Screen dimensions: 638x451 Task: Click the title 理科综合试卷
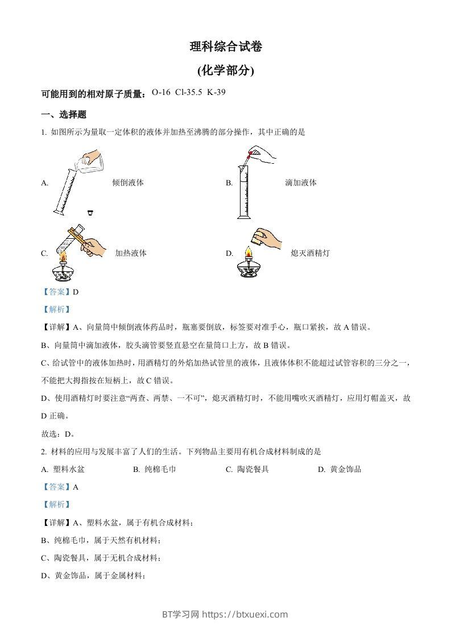pos(226,47)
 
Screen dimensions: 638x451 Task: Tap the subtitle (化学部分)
pos(226,71)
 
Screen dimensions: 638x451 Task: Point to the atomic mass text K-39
pos(217,92)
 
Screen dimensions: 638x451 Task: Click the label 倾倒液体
pos(128,183)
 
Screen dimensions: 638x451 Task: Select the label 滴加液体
pos(301,183)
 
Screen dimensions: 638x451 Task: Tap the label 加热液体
pos(131,253)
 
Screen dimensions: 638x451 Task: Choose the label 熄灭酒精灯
pos(310,253)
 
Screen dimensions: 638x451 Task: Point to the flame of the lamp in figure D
pos(247,252)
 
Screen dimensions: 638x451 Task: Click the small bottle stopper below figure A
pos(90,213)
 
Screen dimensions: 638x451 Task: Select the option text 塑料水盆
pos(69,469)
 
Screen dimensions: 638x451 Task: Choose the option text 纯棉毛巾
pos(160,469)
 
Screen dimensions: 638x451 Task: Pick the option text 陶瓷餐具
pos(253,469)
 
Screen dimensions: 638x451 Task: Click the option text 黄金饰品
pos(345,469)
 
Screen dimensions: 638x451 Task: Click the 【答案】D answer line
pos(59,292)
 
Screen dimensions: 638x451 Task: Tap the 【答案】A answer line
pos(59,487)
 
